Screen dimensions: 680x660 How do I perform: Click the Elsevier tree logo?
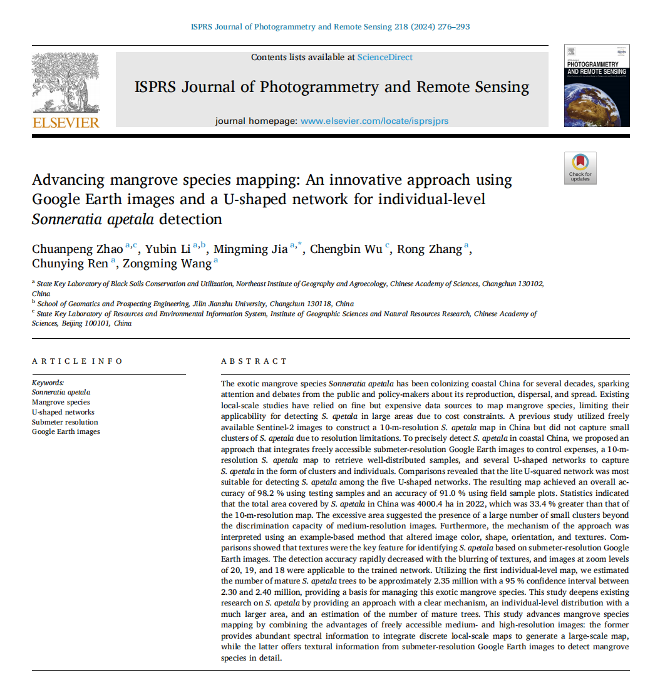point(65,82)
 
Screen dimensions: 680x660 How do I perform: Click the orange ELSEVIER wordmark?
point(66,122)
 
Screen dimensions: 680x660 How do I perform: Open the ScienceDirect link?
point(384,57)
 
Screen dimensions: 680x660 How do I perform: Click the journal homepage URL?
point(374,121)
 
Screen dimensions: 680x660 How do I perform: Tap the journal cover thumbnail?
point(597,86)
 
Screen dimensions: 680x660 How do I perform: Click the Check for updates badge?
point(580,168)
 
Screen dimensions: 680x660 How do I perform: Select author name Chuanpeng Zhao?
point(78,249)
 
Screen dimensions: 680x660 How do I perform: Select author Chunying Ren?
point(70,264)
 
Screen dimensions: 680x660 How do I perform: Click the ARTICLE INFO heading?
point(78,361)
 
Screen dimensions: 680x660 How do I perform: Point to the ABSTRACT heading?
point(254,361)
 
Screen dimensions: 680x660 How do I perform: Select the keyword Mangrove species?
point(61,402)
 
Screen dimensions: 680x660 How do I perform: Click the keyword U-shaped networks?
point(63,412)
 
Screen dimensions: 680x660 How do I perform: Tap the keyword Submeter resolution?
point(65,422)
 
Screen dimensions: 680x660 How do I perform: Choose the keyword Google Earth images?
point(66,431)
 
